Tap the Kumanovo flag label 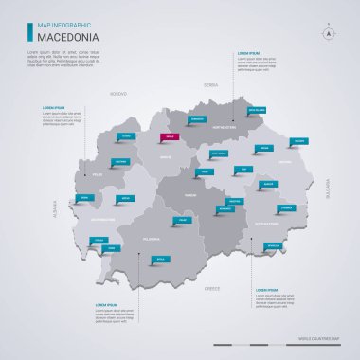(x=197, y=119)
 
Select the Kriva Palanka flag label (x=256, y=110)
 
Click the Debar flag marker (x=85, y=198)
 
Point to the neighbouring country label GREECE (x=212, y=286)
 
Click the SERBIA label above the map (x=210, y=85)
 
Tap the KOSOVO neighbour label (x=117, y=95)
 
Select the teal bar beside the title (x=29, y=30)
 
